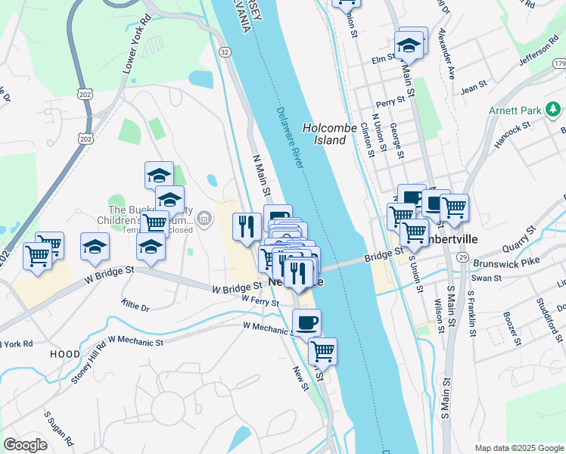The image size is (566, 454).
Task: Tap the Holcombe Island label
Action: click(329, 134)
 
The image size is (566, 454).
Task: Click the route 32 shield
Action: click(225, 51)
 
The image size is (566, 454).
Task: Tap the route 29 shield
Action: click(460, 259)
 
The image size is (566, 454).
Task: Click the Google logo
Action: click(25, 445)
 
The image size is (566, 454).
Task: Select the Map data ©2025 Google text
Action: click(519, 448)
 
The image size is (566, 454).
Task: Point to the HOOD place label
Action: click(65, 353)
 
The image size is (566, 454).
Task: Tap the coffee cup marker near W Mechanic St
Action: click(306, 322)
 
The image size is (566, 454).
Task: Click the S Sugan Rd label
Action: click(58, 429)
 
